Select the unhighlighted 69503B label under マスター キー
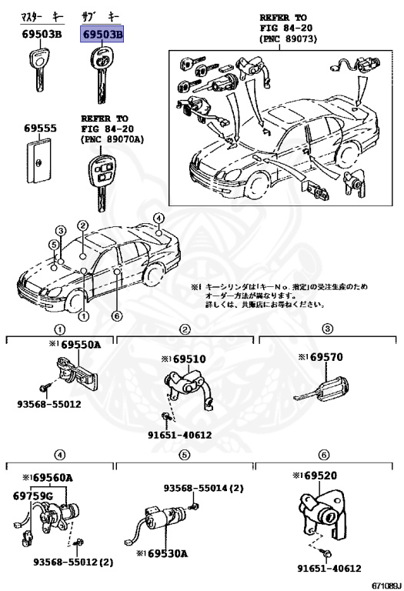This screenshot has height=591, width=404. pyautogui.click(x=38, y=35)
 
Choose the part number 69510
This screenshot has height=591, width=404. pyautogui.click(x=189, y=358)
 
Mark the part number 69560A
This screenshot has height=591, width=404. pyautogui.click(x=52, y=477)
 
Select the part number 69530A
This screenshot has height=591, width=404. pyautogui.click(x=162, y=553)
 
